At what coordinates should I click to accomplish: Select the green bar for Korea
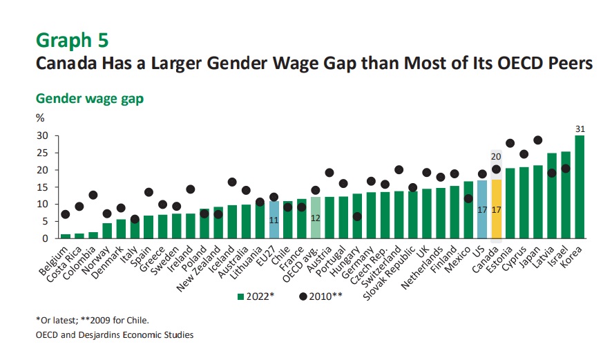point(580,187)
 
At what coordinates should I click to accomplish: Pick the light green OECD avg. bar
point(316,218)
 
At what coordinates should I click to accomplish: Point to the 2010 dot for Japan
point(537,140)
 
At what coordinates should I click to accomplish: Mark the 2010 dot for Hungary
point(356,216)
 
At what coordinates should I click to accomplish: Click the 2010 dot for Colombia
point(93,195)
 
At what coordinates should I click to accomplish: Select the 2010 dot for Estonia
point(510,144)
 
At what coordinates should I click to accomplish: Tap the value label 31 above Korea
point(580,128)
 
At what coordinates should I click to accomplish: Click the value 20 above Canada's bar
point(496,155)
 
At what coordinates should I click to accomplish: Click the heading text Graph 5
point(72,39)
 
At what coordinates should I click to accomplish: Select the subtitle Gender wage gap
point(89,99)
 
